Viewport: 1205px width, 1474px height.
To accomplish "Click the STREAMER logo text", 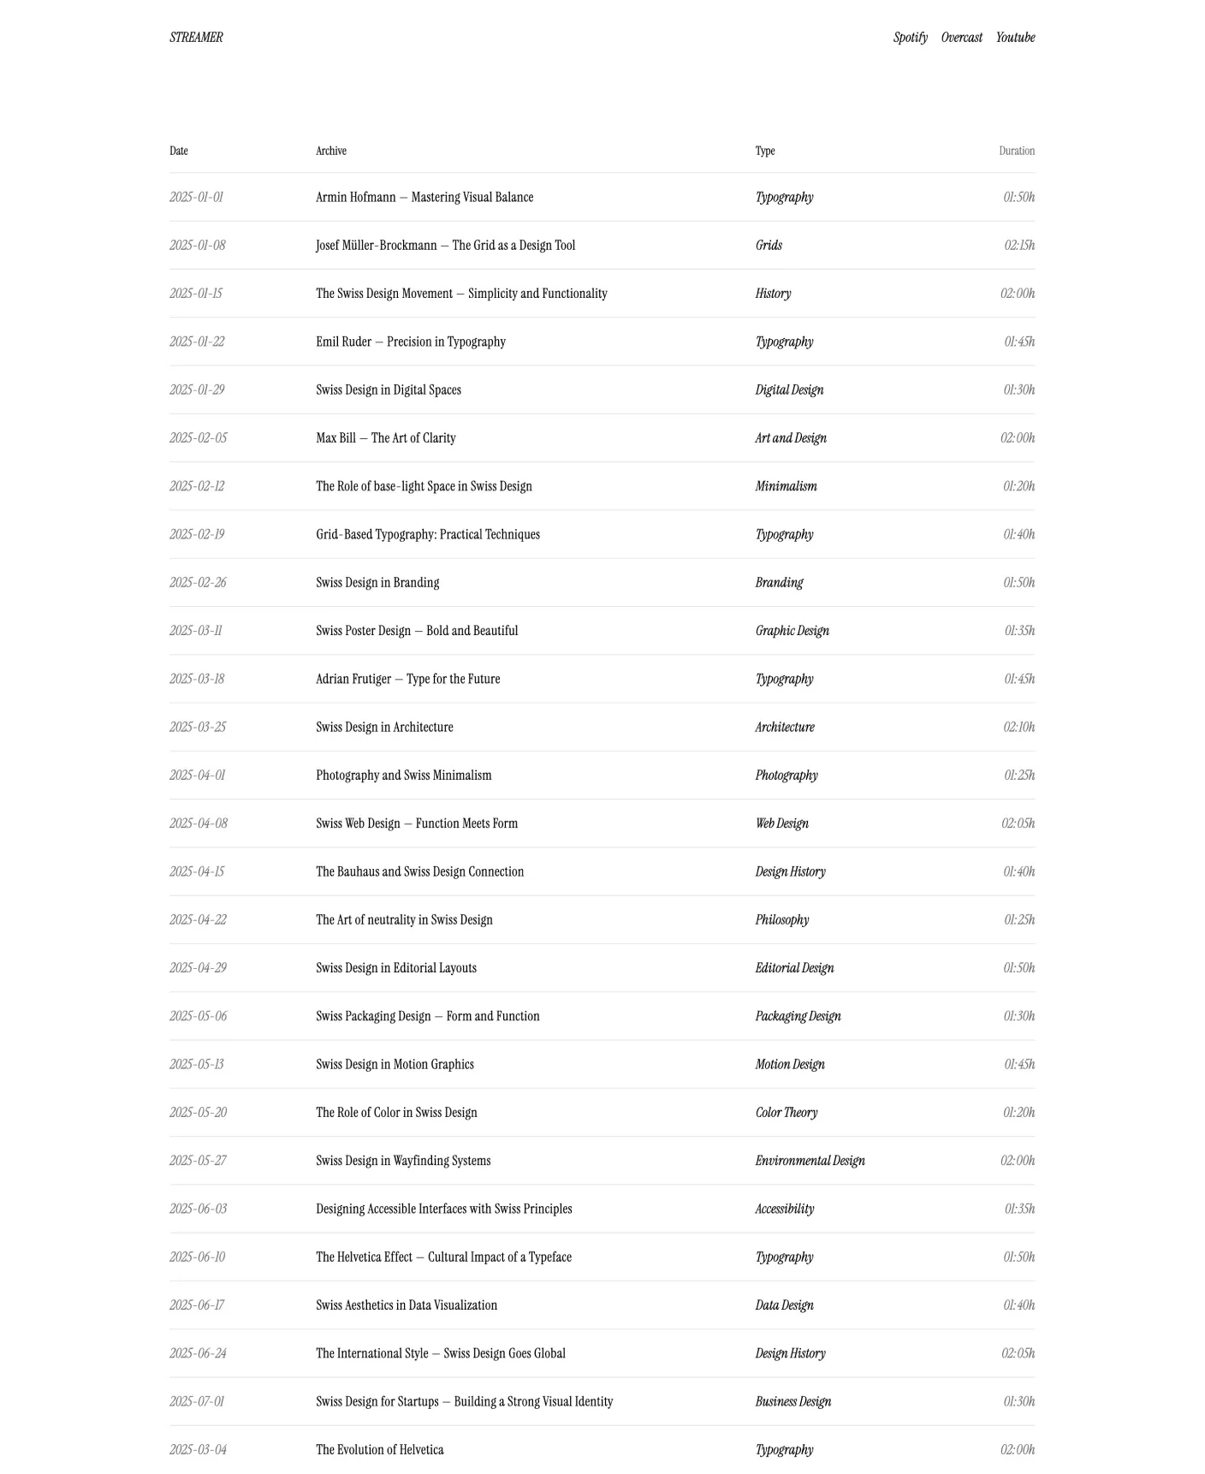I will point(196,38).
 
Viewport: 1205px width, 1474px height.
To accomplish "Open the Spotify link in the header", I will point(910,38).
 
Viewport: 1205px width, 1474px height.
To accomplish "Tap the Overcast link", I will point(961,38).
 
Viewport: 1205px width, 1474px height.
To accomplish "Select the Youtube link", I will point(1015,38).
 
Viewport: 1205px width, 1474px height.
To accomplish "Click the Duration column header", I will point(1016,152).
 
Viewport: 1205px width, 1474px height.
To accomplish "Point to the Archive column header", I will point(331,152).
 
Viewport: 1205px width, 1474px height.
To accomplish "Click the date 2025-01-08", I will point(198,246).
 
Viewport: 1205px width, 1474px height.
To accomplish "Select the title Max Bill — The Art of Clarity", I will point(386,438).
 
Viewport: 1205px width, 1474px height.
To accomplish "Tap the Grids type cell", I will point(769,246).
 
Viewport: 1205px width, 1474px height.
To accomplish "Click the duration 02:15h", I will point(1018,246).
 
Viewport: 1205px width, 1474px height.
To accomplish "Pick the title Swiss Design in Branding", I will point(377,583).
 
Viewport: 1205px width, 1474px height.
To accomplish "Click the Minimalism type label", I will point(786,486).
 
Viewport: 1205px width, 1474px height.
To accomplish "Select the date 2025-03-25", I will point(198,728).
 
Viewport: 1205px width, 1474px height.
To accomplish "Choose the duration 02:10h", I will point(1018,728).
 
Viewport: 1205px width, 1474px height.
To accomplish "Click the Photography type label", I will point(787,776).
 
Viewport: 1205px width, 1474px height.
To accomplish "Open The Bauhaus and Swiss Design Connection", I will point(419,872).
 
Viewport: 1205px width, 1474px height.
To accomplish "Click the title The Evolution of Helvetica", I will point(380,1450).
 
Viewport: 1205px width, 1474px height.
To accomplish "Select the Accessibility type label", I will point(784,1210).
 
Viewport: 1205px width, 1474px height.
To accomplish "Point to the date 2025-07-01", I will point(197,1402).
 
